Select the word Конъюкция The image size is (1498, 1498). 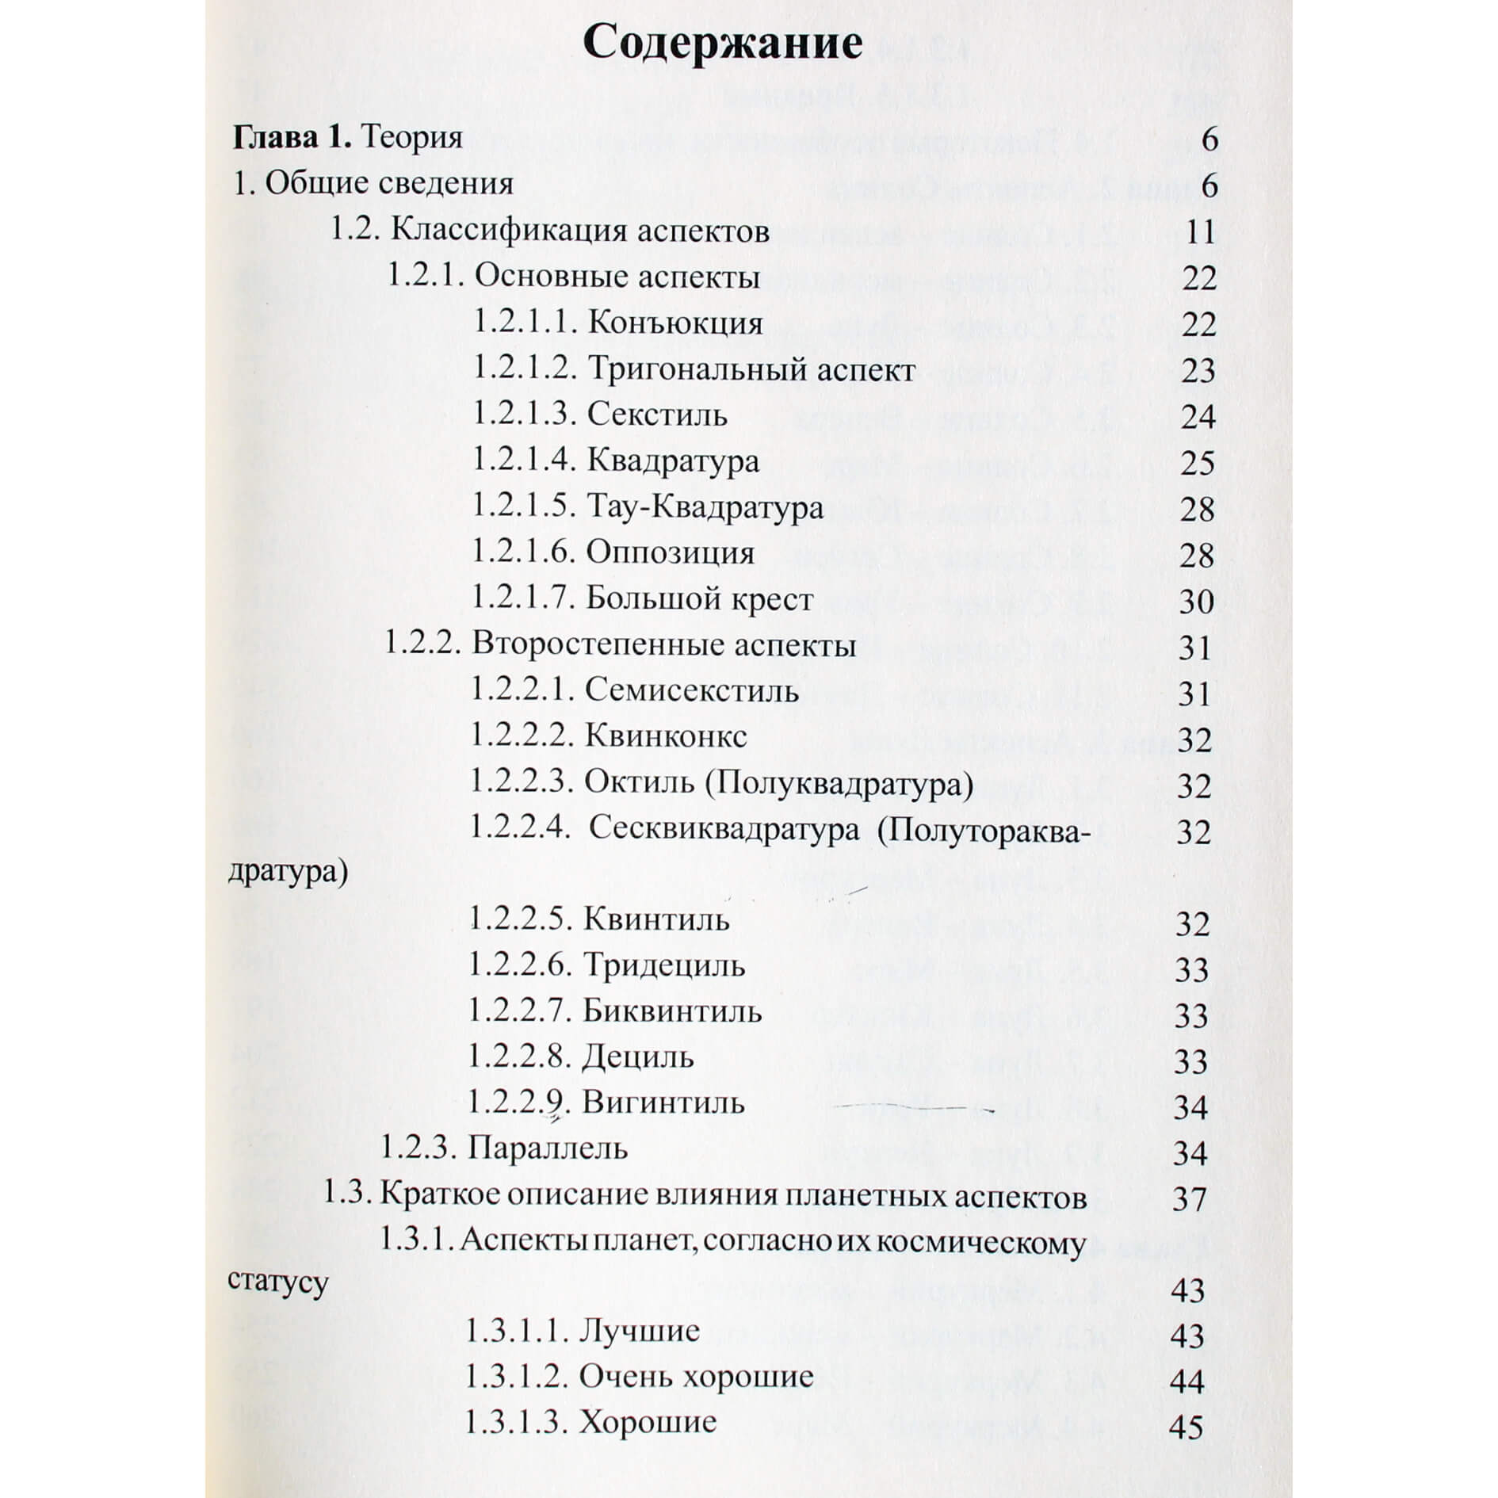676,323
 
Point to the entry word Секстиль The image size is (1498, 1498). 657,415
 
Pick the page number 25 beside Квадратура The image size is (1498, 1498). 1197,463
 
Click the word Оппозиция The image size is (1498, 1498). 671,552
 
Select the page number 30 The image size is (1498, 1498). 1196,602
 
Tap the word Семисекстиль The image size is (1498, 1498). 691,691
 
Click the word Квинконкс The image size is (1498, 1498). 666,736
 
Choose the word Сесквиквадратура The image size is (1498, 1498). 724,829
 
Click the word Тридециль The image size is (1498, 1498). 664,965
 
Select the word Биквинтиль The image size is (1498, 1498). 672,1011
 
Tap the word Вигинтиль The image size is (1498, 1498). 663,1102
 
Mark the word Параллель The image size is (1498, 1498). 548,1148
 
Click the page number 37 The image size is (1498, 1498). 1189,1198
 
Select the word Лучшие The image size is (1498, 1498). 640,1331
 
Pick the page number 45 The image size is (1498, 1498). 1186,1427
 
